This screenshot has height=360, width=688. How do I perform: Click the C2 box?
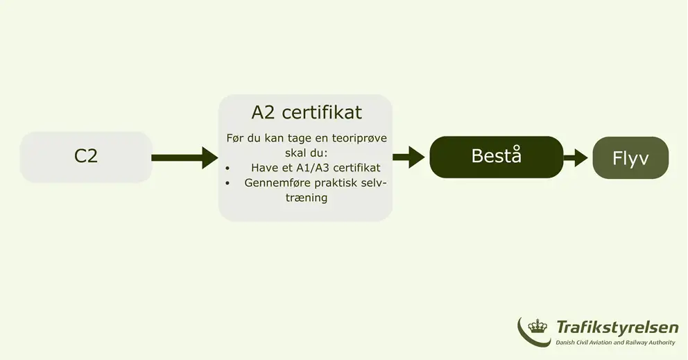click(86, 157)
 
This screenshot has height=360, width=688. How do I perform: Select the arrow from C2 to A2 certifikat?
click(184, 157)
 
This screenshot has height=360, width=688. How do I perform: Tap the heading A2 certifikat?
click(307, 112)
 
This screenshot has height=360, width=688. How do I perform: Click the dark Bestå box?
click(497, 157)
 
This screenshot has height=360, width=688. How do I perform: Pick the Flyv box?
click(630, 157)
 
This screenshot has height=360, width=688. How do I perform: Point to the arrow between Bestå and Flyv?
click(575, 157)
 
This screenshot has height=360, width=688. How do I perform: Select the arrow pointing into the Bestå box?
click(409, 157)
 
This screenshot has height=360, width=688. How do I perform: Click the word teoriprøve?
click(359, 138)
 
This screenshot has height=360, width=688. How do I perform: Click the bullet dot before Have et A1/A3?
click(227, 168)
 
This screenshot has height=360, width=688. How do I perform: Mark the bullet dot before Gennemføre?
click(227, 183)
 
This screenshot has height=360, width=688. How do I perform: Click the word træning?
click(307, 198)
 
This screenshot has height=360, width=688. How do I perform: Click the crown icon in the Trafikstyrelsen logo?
click(537, 326)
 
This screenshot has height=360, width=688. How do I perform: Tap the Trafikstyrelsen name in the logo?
click(617, 327)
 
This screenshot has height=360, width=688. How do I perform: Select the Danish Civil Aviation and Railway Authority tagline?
click(615, 343)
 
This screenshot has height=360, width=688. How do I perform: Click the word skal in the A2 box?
click(295, 153)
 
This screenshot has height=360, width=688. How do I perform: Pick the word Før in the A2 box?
click(235, 138)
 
